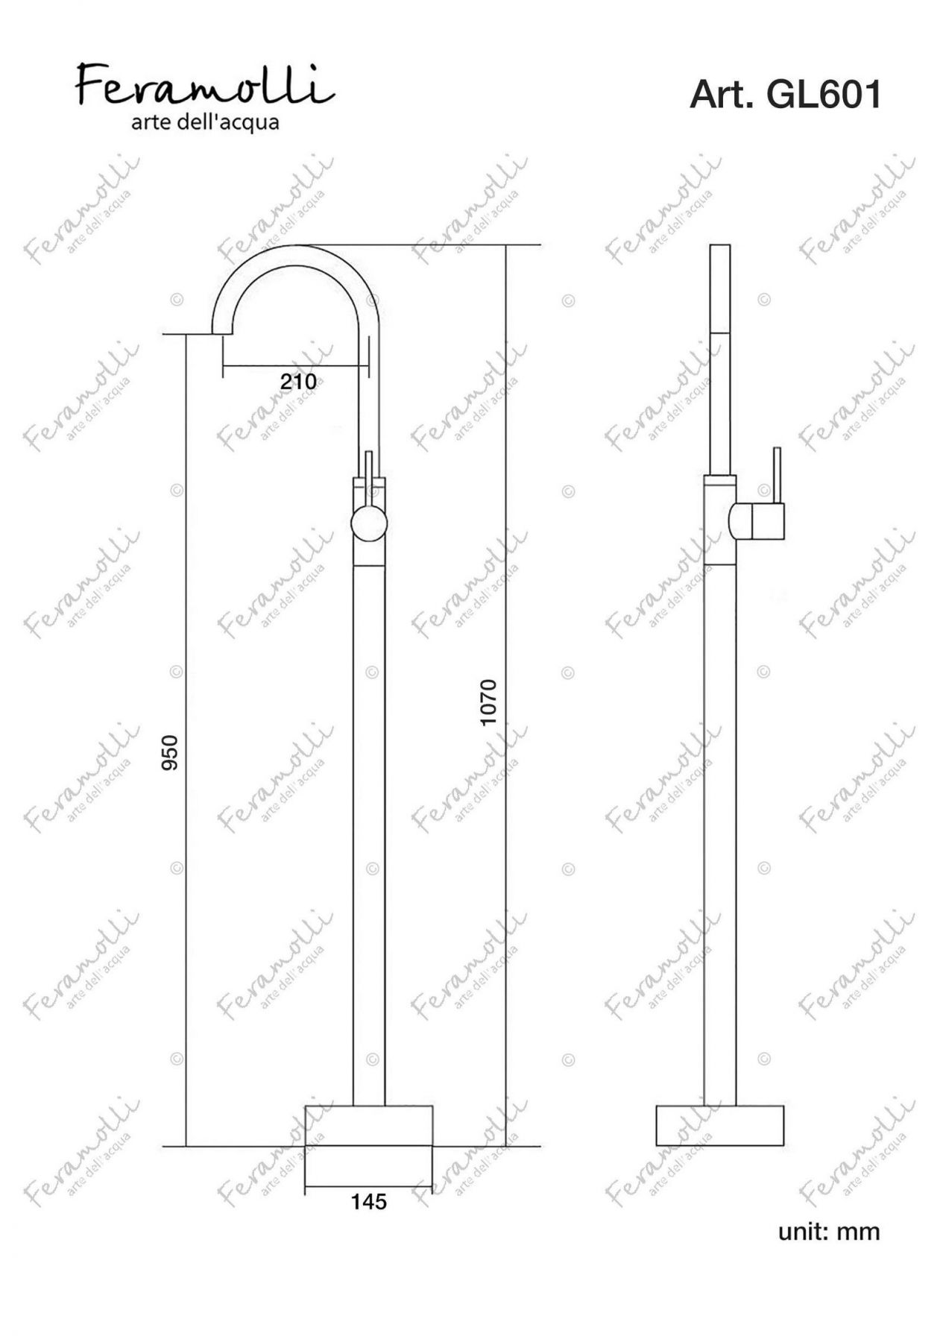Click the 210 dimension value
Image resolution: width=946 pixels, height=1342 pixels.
297,381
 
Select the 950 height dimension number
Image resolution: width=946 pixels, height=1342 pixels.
171,752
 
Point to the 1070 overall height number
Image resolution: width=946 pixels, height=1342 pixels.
488,702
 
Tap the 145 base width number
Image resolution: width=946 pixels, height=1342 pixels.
369,1201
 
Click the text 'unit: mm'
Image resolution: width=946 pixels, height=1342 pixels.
829,1231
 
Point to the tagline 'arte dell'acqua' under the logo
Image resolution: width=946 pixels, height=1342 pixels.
205,123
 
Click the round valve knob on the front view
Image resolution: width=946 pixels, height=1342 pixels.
369,522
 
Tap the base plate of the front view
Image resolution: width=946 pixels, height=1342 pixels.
369,1125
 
